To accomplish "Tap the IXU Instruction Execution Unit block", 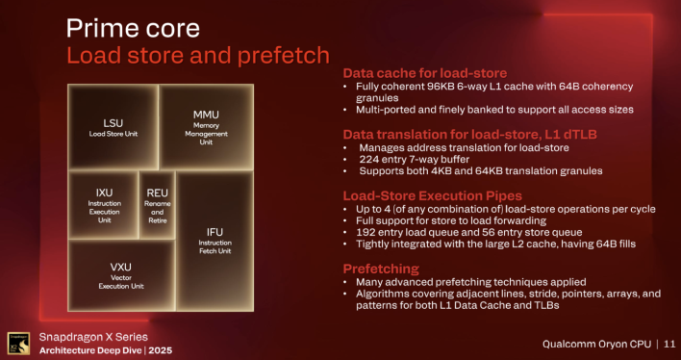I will (x=105, y=204).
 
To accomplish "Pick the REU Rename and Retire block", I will (x=158, y=204).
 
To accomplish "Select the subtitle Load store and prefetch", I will (x=197, y=54).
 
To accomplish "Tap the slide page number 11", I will (x=666, y=342).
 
